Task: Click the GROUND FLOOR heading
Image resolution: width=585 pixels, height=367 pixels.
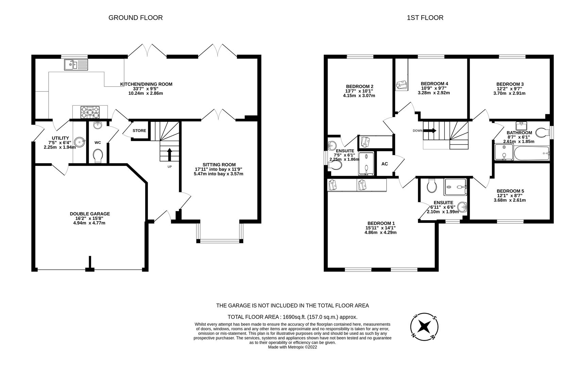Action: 135,18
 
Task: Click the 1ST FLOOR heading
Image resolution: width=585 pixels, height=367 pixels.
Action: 425,18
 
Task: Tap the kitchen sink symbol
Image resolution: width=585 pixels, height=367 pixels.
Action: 76,65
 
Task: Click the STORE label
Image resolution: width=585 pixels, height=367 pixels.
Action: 139,130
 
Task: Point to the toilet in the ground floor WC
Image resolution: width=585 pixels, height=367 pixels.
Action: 98,156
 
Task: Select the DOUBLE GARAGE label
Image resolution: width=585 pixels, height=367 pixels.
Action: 90,214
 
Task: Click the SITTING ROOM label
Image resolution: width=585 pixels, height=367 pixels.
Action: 219,165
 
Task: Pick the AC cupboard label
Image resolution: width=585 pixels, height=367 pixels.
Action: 385,164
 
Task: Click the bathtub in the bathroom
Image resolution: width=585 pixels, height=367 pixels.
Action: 532,153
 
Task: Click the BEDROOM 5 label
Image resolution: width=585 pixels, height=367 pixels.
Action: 510,191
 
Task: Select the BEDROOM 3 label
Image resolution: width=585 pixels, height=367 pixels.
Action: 510,84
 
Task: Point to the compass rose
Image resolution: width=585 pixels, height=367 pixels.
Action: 424,327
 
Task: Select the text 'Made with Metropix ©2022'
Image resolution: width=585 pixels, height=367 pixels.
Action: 292,347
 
